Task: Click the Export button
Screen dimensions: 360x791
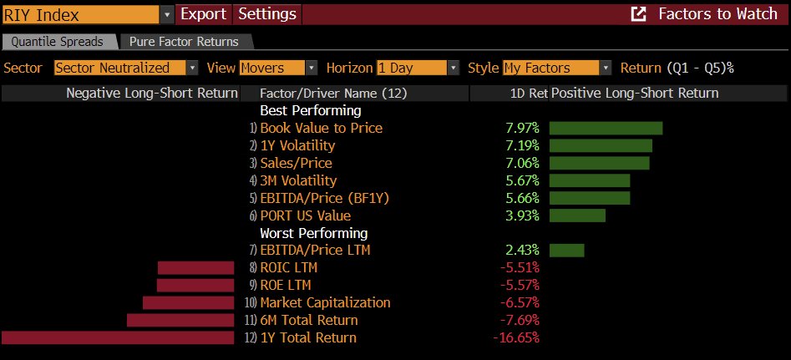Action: (x=203, y=14)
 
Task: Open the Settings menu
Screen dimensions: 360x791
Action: (x=266, y=14)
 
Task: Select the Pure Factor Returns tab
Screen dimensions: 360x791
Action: (x=183, y=42)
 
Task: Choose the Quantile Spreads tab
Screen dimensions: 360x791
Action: (x=58, y=42)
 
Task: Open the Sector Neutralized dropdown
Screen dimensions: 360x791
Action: (x=126, y=68)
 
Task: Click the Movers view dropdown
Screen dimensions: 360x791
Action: (x=278, y=68)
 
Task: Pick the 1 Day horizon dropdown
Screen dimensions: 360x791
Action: (x=418, y=68)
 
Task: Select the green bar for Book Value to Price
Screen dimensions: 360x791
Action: (x=606, y=128)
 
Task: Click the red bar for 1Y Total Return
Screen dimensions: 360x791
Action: (x=118, y=337)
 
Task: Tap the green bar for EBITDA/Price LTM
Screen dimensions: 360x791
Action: (x=566, y=250)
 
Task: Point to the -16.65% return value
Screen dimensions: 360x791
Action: (x=516, y=337)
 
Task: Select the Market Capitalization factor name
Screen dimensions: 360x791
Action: (x=325, y=302)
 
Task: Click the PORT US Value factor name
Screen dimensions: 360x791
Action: (x=305, y=215)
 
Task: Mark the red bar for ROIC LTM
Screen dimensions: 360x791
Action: (x=195, y=267)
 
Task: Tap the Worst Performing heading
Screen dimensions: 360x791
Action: (x=313, y=233)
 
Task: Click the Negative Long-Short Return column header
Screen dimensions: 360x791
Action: (x=151, y=94)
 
